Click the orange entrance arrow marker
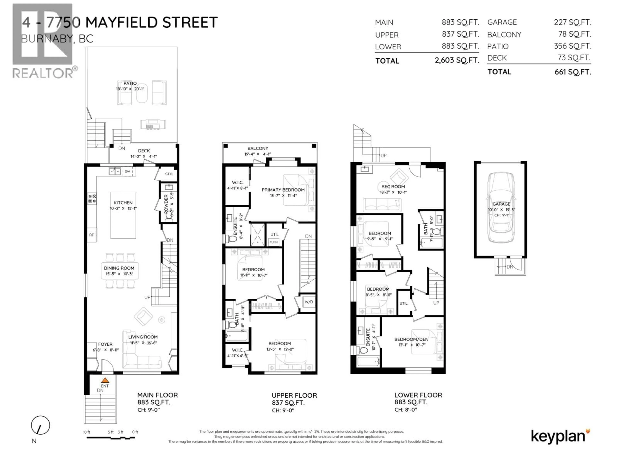[105, 380]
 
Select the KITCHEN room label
[123, 203]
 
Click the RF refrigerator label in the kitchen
[91, 235]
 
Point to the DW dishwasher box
[127, 171]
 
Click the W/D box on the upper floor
[309, 302]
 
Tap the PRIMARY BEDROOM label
[283, 190]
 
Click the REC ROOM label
[393, 187]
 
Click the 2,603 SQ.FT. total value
[457, 60]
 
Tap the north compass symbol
[40, 425]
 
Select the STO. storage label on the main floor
[169, 174]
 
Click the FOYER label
[105, 344]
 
